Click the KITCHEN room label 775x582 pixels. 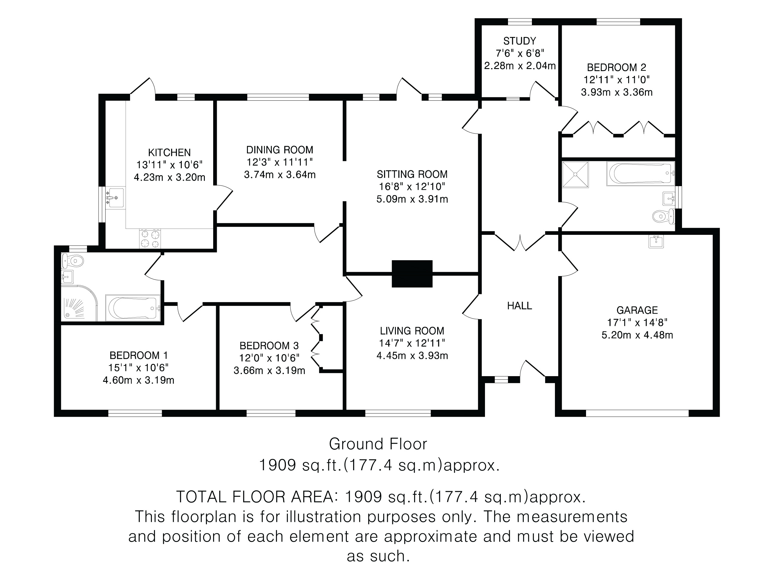(169, 153)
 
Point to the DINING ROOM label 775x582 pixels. (280, 150)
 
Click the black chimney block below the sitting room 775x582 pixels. (412, 274)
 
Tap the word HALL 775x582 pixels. (520, 306)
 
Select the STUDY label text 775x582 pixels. (520, 41)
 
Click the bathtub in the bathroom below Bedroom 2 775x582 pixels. (640, 173)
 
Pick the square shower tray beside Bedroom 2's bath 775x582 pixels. (575, 174)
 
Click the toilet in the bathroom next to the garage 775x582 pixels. (663, 216)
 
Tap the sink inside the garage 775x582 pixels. (656, 241)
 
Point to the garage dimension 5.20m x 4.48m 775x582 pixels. (637, 335)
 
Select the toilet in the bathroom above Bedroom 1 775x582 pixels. (73, 261)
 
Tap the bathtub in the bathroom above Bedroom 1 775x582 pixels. (133, 308)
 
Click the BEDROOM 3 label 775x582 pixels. (269, 346)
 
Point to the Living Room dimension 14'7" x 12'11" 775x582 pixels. (412, 343)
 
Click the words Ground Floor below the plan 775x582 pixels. (378, 444)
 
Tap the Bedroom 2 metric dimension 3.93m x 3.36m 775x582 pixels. (617, 92)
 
